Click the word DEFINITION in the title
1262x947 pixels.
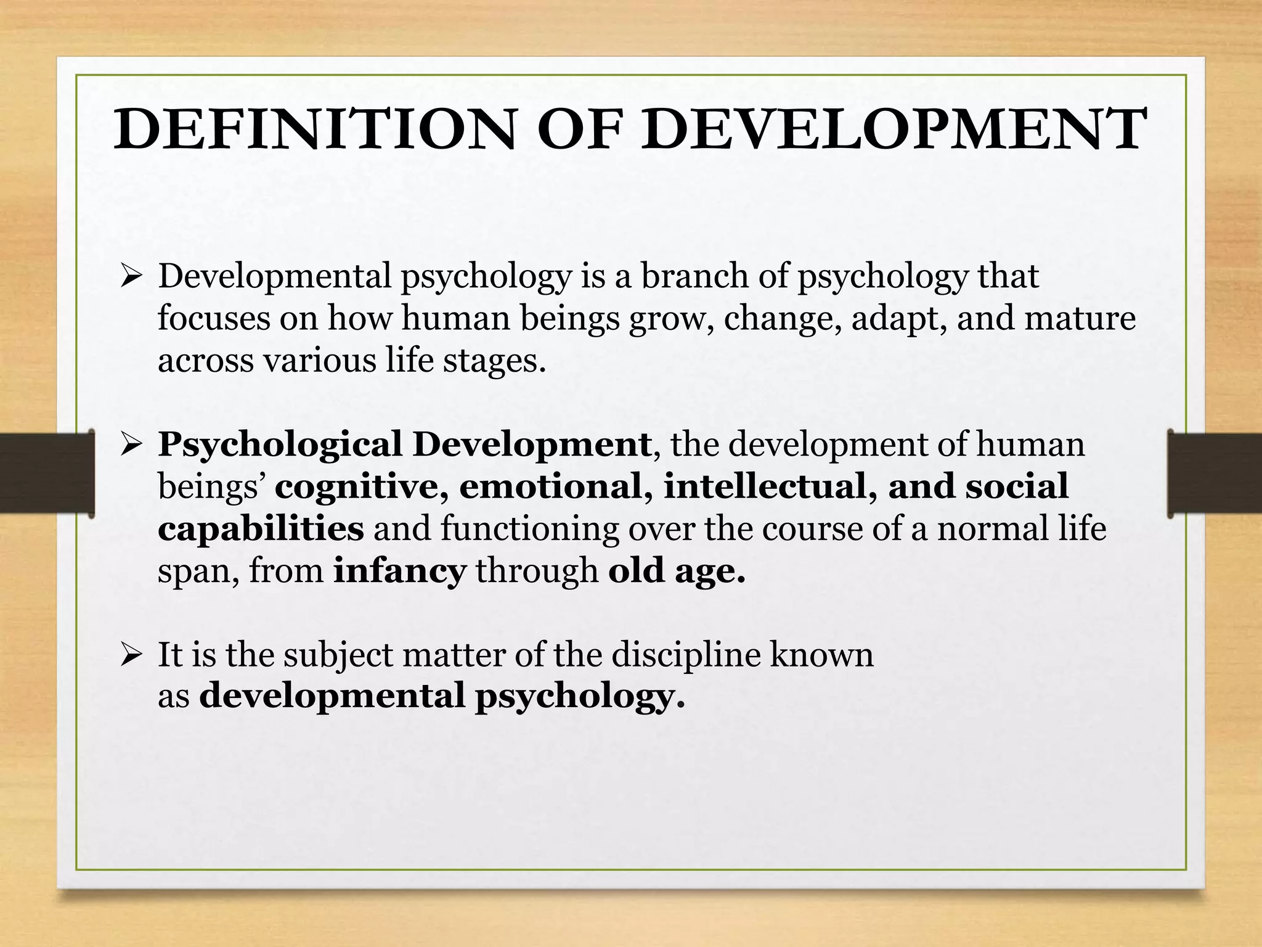pyautogui.click(x=314, y=129)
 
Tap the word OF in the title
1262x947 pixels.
pyautogui.click(x=577, y=129)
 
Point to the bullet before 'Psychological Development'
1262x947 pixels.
pyautogui.click(x=132, y=445)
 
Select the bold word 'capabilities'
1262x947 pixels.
pyautogui.click(x=261, y=529)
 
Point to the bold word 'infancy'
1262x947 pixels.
pyautogui.click(x=399, y=571)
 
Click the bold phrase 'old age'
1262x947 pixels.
pyautogui.click(x=676, y=571)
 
